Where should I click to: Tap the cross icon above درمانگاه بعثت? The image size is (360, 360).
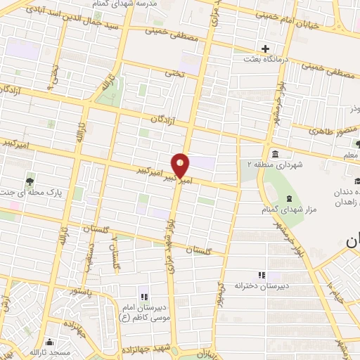click(265, 49)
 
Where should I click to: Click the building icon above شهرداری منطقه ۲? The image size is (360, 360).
click(274, 154)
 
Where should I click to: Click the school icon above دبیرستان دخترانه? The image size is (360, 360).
click(262, 276)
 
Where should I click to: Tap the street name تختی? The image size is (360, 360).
click(174, 72)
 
